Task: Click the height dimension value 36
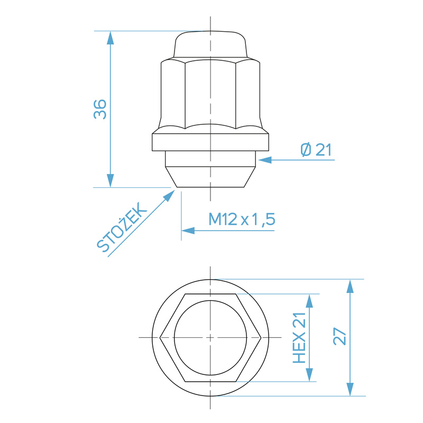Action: point(100,109)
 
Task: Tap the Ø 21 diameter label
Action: point(316,151)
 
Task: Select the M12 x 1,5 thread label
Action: point(242,219)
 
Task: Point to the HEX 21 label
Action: point(300,338)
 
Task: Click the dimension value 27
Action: point(340,337)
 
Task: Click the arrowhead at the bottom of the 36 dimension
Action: point(110,181)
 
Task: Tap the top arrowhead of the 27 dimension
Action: point(350,286)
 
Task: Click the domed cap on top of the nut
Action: point(210,45)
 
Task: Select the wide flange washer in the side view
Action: point(210,141)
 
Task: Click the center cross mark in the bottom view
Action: point(210,337)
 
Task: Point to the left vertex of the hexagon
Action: point(160,337)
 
